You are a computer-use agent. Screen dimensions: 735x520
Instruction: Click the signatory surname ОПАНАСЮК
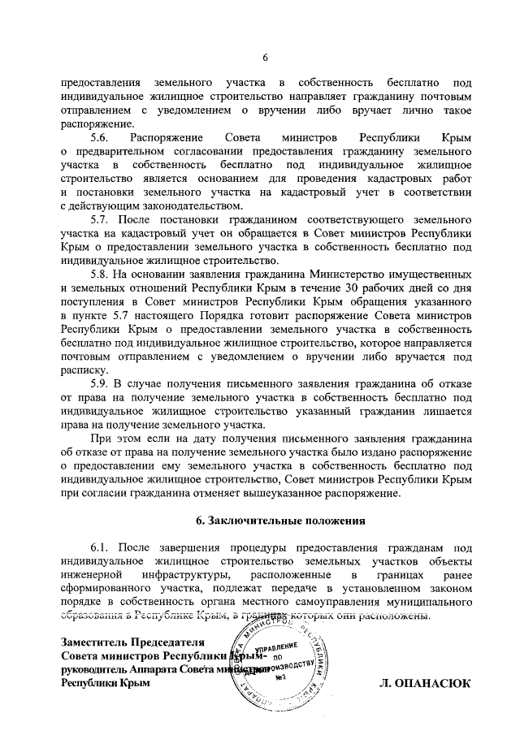point(431,684)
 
